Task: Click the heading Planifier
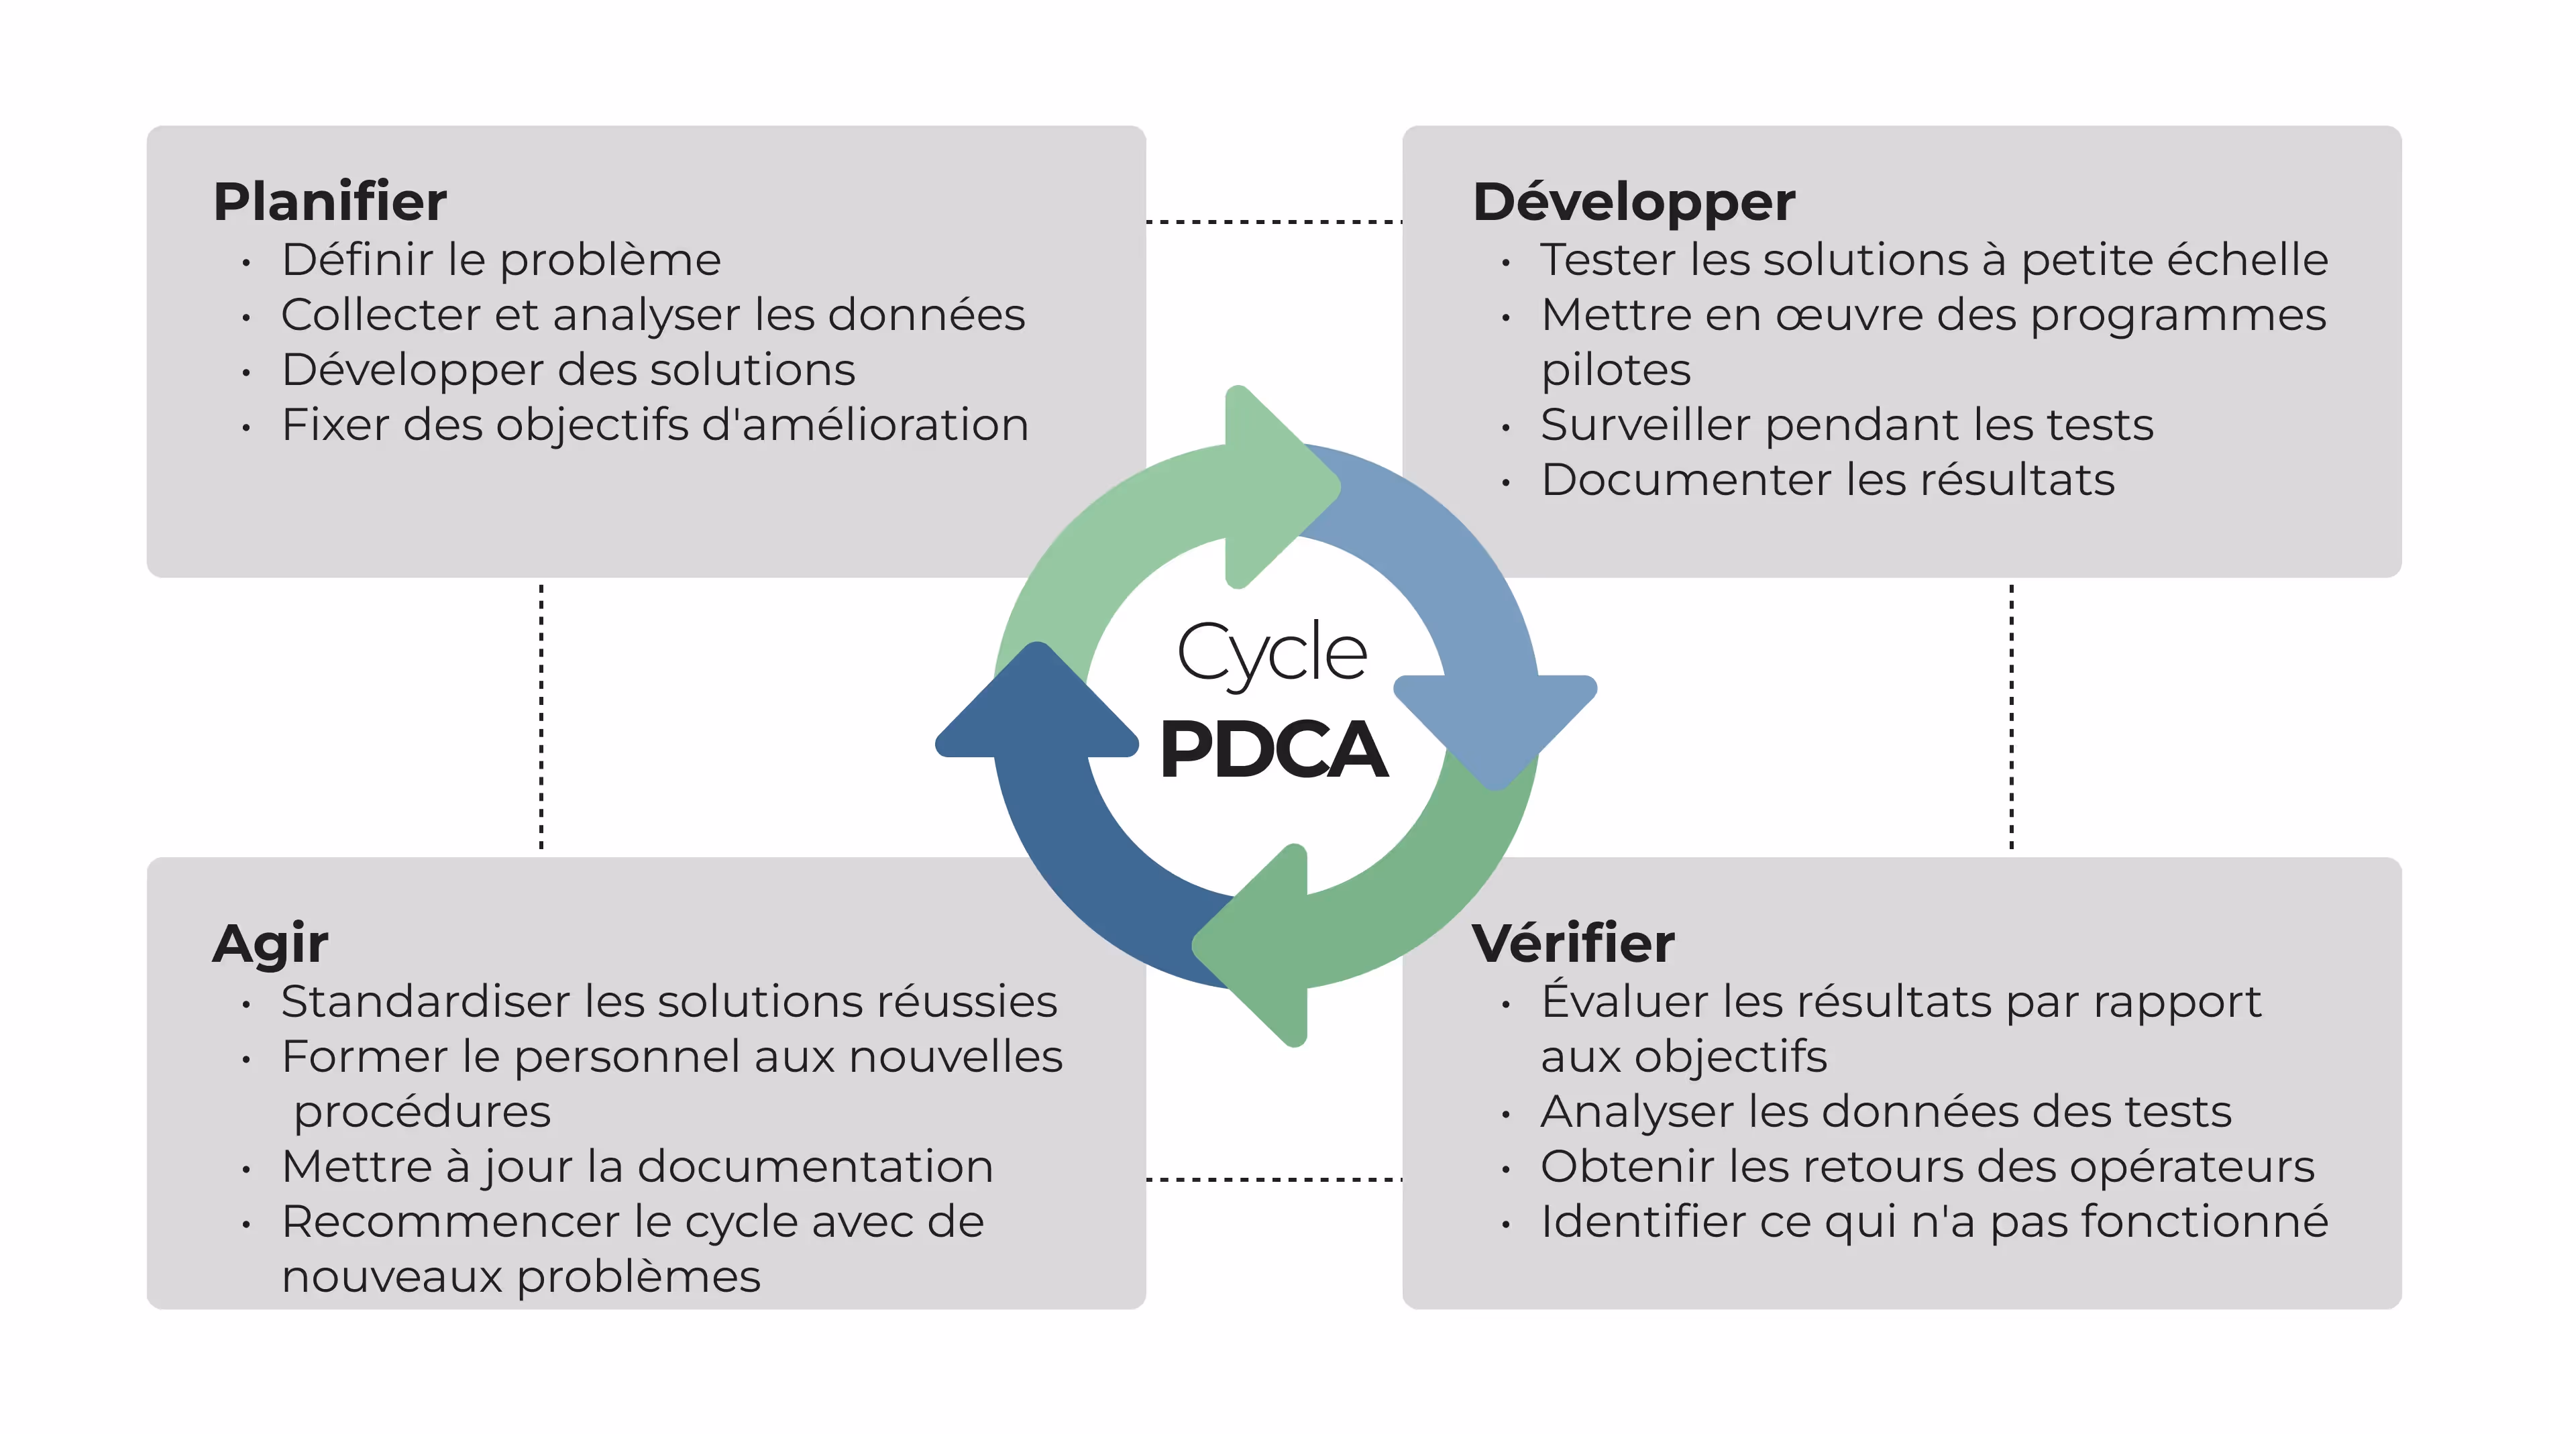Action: [329, 202]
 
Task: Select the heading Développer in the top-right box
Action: [1633, 202]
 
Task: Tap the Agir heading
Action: [270, 942]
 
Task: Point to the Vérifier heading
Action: [1572, 942]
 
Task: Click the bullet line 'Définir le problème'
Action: [500, 260]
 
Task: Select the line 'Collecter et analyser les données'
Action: [653, 315]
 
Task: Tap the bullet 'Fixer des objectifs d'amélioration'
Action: [655, 425]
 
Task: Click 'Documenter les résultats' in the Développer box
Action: [1828, 480]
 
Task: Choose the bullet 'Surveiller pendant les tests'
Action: [1847, 425]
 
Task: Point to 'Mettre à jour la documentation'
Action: [637, 1167]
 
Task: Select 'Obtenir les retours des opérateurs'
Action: [1927, 1167]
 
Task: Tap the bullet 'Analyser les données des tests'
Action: [1885, 1111]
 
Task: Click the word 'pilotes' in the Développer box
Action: [1616, 370]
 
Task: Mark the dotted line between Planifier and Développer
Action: [1274, 222]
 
